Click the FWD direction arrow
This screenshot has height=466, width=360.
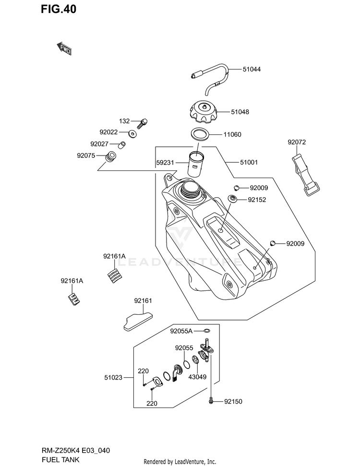[x=64, y=48]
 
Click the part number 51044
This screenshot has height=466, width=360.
[x=252, y=69]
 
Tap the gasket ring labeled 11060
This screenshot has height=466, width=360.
[x=200, y=134]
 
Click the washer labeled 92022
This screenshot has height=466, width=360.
[x=132, y=134]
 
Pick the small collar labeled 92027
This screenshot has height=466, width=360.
[x=122, y=144]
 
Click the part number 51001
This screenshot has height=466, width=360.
[x=249, y=162]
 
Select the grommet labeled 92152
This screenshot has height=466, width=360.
[x=232, y=198]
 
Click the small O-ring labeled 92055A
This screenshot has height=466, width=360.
[x=207, y=331]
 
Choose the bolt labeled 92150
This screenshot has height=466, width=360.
[x=211, y=401]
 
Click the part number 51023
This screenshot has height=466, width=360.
[x=113, y=377]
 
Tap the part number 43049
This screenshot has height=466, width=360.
[x=197, y=377]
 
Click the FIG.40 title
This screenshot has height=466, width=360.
[x=59, y=9]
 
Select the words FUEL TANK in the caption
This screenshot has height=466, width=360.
[x=60, y=459]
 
